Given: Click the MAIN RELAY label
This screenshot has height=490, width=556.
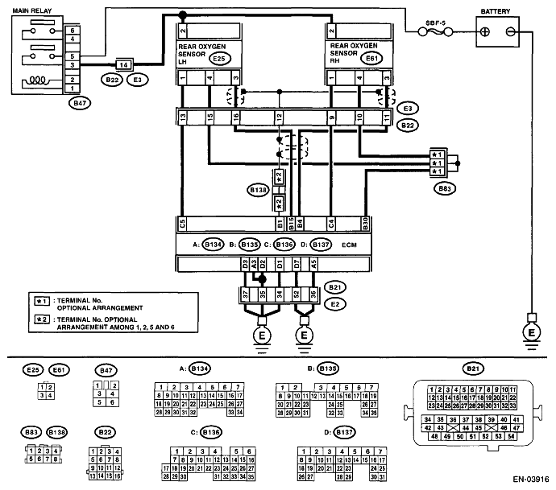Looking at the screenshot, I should click(x=27, y=10).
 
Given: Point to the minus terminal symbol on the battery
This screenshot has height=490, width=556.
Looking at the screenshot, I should click(x=510, y=32).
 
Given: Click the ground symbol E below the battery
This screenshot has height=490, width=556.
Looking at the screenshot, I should click(x=531, y=331).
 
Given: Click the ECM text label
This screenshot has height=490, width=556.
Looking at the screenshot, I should click(x=348, y=242).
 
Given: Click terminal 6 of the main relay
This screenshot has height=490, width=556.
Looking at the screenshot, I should click(x=73, y=28).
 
